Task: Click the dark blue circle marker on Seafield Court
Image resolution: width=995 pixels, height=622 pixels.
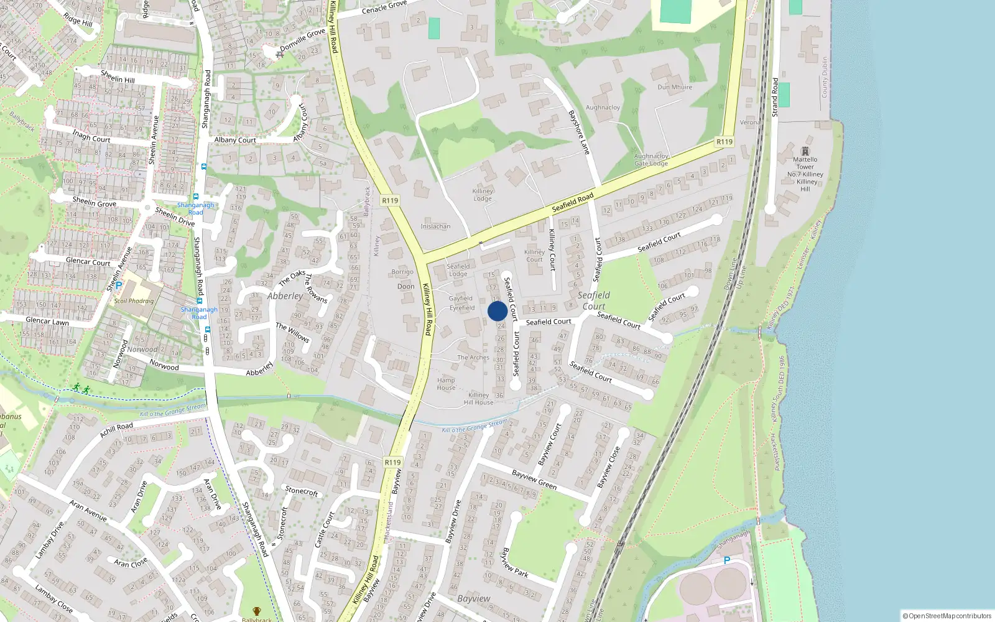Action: pos(497,311)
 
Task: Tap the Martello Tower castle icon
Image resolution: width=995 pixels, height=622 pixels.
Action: pos(805,151)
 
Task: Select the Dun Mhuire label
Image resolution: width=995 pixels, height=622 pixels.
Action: pos(675,87)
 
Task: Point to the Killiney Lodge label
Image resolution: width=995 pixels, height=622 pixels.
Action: pos(483,195)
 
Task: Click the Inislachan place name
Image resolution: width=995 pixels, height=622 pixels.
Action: pos(435,226)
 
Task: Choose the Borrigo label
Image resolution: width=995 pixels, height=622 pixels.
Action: pos(402,272)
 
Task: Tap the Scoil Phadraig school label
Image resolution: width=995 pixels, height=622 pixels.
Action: pos(134,301)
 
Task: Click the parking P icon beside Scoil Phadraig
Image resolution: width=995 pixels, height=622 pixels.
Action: pos(118,285)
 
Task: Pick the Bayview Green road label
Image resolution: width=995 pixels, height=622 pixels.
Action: pos(534,479)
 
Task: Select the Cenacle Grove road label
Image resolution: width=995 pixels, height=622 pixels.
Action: pos(384,7)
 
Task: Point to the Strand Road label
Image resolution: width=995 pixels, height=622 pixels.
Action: pos(775,97)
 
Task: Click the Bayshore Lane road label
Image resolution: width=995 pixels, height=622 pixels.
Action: pos(578,132)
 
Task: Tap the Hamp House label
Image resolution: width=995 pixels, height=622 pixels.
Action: pos(446,384)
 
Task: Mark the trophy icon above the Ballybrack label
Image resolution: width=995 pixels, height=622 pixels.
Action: pos(256,611)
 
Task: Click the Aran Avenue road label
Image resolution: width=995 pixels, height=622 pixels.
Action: pos(88,510)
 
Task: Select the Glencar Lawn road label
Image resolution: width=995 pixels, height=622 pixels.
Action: pos(47,321)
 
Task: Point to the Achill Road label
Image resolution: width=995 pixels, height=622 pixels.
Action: pos(116,430)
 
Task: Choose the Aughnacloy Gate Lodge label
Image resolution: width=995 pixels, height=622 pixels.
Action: pos(651,160)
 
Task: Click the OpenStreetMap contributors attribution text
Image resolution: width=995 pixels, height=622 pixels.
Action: pos(947,616)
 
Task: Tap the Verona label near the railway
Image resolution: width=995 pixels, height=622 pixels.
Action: pos(749,123)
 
